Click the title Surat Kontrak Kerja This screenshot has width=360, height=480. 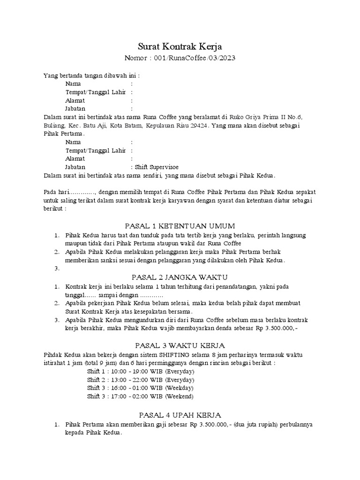point(180,46)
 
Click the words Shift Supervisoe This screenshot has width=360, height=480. point(157,166)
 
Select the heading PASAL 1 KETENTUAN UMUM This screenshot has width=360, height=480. point(180,226)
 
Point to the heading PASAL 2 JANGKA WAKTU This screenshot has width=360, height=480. point(180,277)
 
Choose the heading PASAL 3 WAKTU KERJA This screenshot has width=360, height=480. point(180,345)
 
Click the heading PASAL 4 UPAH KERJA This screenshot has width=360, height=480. point(180,415)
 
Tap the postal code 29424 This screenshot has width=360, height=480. point(202,126)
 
